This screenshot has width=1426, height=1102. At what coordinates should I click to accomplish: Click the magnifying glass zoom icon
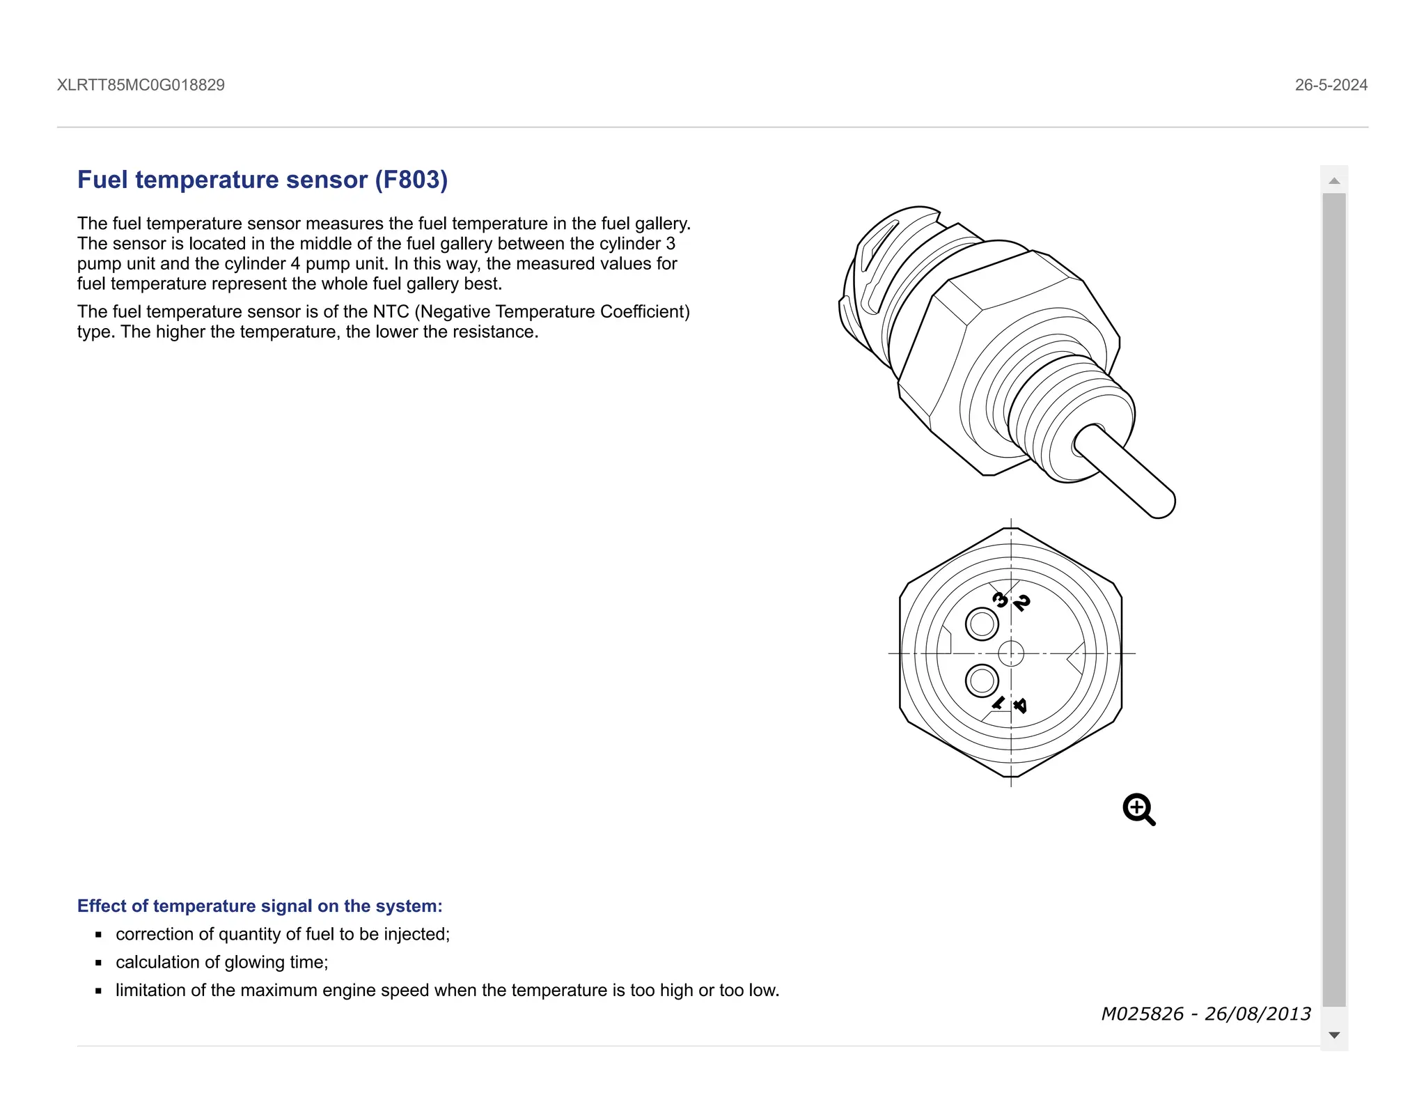(x=1138, y=809)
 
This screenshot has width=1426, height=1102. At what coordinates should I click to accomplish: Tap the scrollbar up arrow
(x=1334, y=181)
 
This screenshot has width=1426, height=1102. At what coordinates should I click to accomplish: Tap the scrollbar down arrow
(x=1334, y=1035)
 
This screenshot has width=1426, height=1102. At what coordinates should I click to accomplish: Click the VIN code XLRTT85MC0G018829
(x=141, y=85)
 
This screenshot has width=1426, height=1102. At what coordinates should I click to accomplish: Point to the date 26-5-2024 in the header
(x=1331, y=85)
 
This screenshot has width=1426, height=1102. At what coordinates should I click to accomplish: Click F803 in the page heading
(x=412, y=180)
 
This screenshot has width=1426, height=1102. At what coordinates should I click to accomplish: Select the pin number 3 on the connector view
(x=1000, y=599)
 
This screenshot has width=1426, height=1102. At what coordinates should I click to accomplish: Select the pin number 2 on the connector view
(x=1021, y=603)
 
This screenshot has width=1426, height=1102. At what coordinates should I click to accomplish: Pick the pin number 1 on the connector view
(x=998, y=703)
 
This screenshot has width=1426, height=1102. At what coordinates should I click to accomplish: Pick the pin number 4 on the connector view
(x=1020, y=706)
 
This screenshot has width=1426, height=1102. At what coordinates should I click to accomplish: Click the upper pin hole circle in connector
(x=982, y=624)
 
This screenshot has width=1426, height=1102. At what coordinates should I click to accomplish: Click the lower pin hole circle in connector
(x=982, y=681)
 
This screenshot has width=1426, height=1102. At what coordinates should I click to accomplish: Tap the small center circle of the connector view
(x=1011, y=653)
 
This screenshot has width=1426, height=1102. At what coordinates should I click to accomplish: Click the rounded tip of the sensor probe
(x=1161, y=504)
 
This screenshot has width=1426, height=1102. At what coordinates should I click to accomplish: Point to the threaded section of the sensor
(x=1065, y=411)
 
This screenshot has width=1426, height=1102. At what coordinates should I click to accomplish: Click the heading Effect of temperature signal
(x=260, y=906)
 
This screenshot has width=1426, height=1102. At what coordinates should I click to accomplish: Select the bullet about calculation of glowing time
(x=221, y=962)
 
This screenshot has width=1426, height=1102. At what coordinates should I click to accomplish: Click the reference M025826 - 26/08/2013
(x=1206, y=1014)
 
